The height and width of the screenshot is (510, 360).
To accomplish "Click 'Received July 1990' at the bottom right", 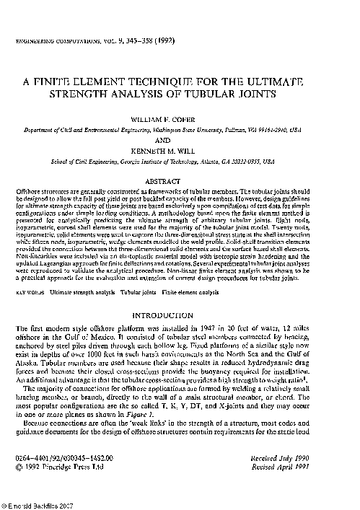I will [x=310, y=459].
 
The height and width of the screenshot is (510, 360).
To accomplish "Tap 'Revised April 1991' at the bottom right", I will [x=310, y=467].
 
